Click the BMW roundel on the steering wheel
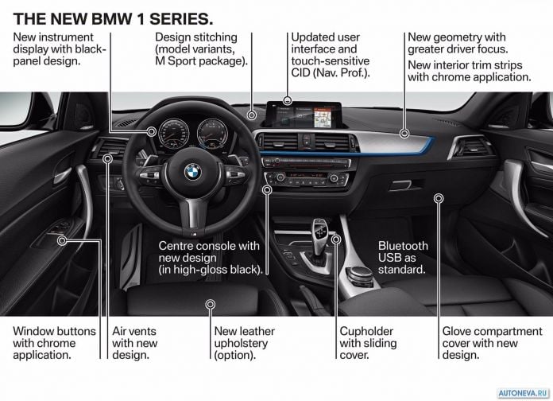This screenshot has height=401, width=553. coord(192,172)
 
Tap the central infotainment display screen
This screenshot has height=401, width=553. coord(304,115)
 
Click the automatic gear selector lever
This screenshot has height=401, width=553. coord(320,236)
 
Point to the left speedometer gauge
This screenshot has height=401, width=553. coord(173,134)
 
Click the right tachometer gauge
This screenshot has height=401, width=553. coord(212,133)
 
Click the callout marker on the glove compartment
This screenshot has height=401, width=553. coord(439,199)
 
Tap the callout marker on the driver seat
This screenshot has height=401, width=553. coord(211,304)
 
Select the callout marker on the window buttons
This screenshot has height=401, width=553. coord(62,241)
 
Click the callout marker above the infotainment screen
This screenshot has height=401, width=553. coord(288,101)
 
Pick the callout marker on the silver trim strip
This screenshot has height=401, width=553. coord(404,134)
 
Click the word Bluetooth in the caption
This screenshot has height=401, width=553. coord(403,246)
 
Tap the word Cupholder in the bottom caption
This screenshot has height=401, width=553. coord(366,332)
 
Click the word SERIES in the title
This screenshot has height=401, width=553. coord(181,19)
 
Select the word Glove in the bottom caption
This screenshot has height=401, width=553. coord(456,332)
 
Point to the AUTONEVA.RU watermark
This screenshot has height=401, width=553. coord(524,393)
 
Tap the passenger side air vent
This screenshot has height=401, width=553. coord(471,146)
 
